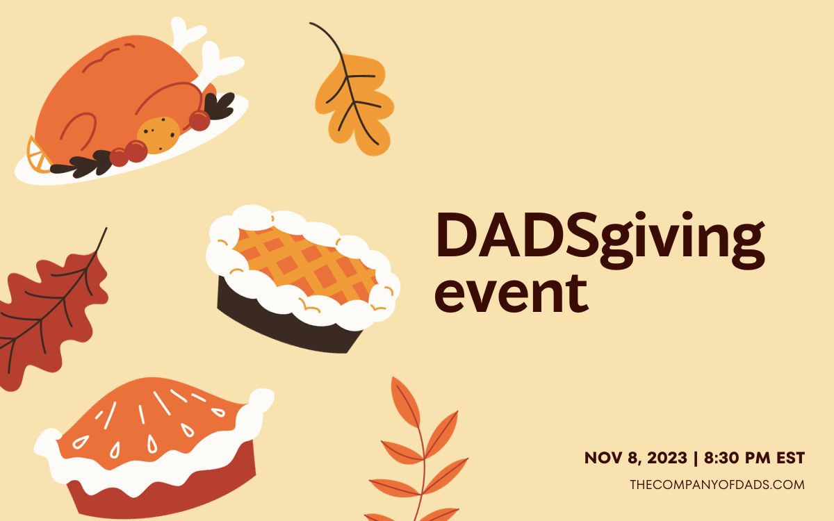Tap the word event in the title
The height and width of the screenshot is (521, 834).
(512, 294)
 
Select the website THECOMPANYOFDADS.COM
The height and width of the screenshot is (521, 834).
(717, 485)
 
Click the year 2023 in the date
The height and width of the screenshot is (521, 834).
(667, 458)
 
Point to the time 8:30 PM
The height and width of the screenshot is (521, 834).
(737, 458)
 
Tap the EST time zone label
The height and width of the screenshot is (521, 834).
(790, 458)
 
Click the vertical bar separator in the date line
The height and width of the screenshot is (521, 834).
(696, 458)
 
